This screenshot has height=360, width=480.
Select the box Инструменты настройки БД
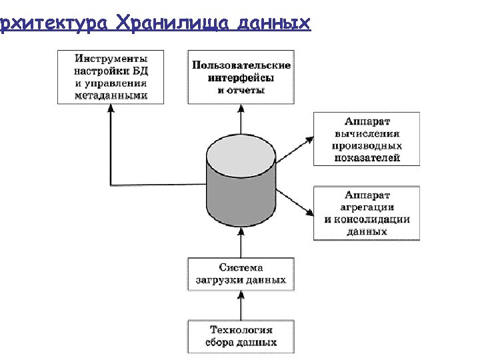[x=111, y=77]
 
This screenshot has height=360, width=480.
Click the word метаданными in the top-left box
[x=111, y=96]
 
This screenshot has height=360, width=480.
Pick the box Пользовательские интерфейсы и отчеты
[x=241, y=77]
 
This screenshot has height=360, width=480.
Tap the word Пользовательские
[x=241, y=65]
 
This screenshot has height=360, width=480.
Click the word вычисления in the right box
[x=367, y=133]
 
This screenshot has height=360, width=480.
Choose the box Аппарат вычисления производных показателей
[x=367, y=139]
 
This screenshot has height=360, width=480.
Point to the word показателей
[x=367, y=158]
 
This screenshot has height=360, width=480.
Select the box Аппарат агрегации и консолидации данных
[x=367, y=213]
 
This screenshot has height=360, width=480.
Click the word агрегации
[x=367, y=207]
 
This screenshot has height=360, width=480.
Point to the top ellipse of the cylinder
[x=241, y=154]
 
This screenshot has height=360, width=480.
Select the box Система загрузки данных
[x=241, y=273]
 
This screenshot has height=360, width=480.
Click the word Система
[x=241, y=267]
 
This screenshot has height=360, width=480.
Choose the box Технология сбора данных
[x=241, y=337]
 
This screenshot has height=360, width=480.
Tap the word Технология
[x=241, y=330]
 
